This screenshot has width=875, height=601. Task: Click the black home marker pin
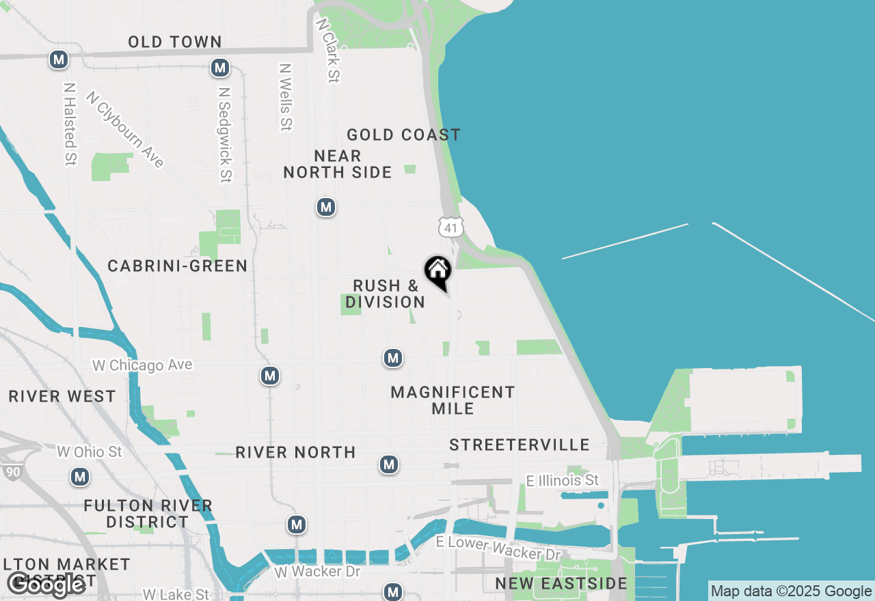pos(438,270)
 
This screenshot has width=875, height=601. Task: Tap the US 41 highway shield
pos(452,227)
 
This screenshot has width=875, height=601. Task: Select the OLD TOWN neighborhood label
pos(175,42)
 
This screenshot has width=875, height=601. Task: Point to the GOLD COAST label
pos(403,135)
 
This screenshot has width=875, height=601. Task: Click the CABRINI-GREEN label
pos(178,266)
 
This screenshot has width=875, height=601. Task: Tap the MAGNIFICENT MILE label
pos(453,400)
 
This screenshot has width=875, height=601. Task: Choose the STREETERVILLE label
pos(520,445)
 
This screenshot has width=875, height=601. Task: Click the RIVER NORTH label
pos(295,452)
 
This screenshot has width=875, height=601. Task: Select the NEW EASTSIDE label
pos(561,584)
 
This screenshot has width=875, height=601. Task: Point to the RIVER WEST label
pos(62,397)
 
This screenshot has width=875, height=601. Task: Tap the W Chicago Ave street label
pos(142,365)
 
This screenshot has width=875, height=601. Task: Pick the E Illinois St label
pos(563,481)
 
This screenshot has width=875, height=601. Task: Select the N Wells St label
pos(286,97)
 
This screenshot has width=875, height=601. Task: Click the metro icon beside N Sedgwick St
pos(220,68)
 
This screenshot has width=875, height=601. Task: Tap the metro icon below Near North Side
pos(326,207)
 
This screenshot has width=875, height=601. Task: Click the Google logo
pos(46,585)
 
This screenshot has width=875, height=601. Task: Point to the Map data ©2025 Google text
pos(791,591)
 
